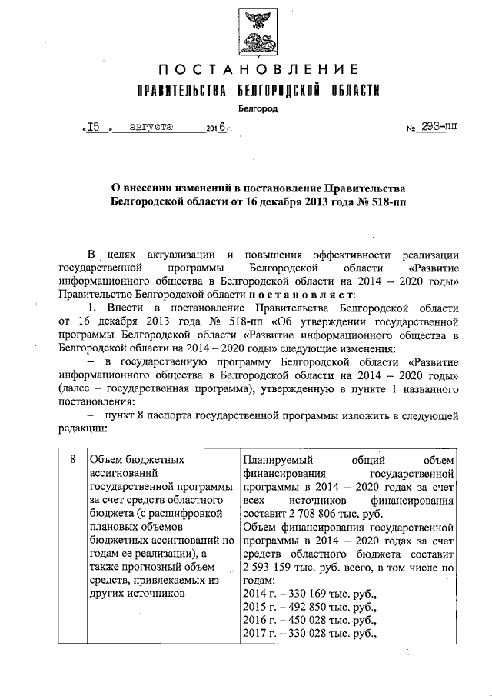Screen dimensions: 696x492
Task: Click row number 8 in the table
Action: coord(72,459)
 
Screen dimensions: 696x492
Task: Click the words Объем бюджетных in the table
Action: coord(137,459)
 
